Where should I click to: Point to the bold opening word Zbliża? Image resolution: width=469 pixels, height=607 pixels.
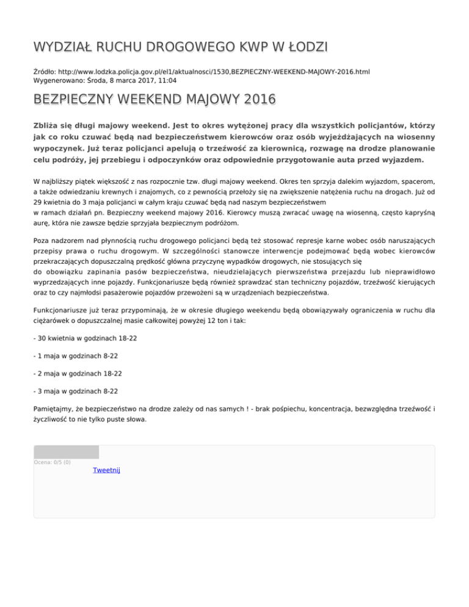[50, 125]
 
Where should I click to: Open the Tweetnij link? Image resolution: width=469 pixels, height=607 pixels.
[106, 470]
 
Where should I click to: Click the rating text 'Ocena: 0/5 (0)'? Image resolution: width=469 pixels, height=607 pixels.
[52, 462]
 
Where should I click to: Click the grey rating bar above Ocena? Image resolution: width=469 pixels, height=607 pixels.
[66, 452]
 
